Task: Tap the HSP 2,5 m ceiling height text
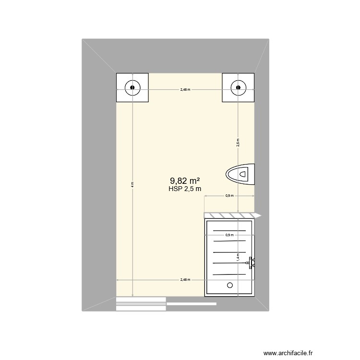[x=185, y=189]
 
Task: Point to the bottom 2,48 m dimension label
[x=185, y=280]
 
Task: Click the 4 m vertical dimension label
[x=132, y=184]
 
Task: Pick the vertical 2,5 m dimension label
[x=238, y=142]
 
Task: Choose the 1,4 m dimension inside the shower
[x=238, y=258]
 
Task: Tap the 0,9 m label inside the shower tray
[x=229, y=235]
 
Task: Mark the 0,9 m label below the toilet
[x=229, y=195]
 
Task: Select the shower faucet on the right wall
[x=251, y=262]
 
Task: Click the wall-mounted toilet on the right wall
[x=241, y=174]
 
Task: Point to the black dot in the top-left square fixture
[x=132, y=88]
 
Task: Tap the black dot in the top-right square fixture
[x=238, y=88]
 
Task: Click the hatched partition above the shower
[x=230, y=215]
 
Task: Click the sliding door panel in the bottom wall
[x=141, y=301]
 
